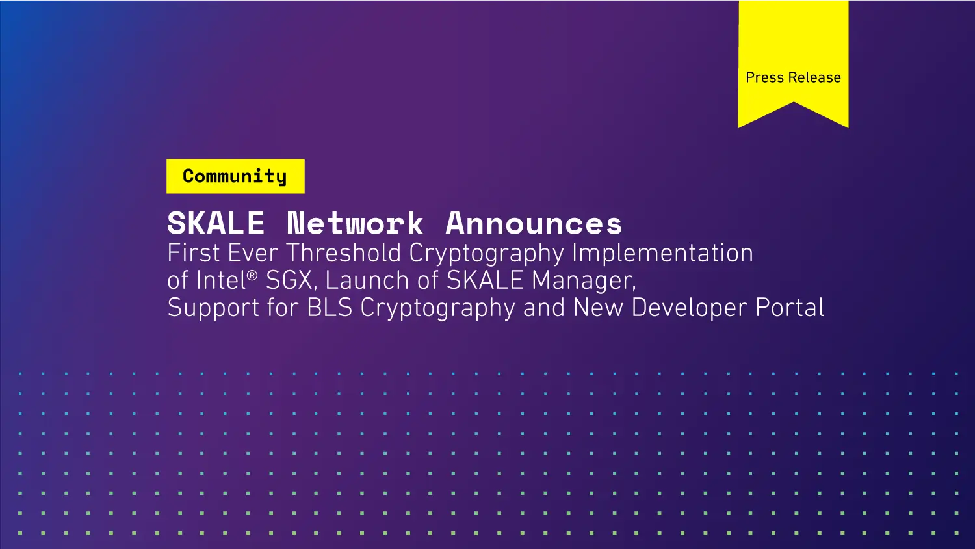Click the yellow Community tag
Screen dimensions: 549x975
tap(235, 176)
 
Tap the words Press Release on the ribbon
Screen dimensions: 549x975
tap(793, 77)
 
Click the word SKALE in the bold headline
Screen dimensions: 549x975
tap(216, 224)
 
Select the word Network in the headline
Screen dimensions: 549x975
tap(355, 224)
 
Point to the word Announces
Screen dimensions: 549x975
tap(534, 224)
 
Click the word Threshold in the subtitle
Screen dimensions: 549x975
tap(344, 253)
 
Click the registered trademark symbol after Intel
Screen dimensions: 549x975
tap(252, 275)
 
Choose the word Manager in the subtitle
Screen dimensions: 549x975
tap(584, 281)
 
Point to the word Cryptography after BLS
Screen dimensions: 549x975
tap(437, 308)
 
